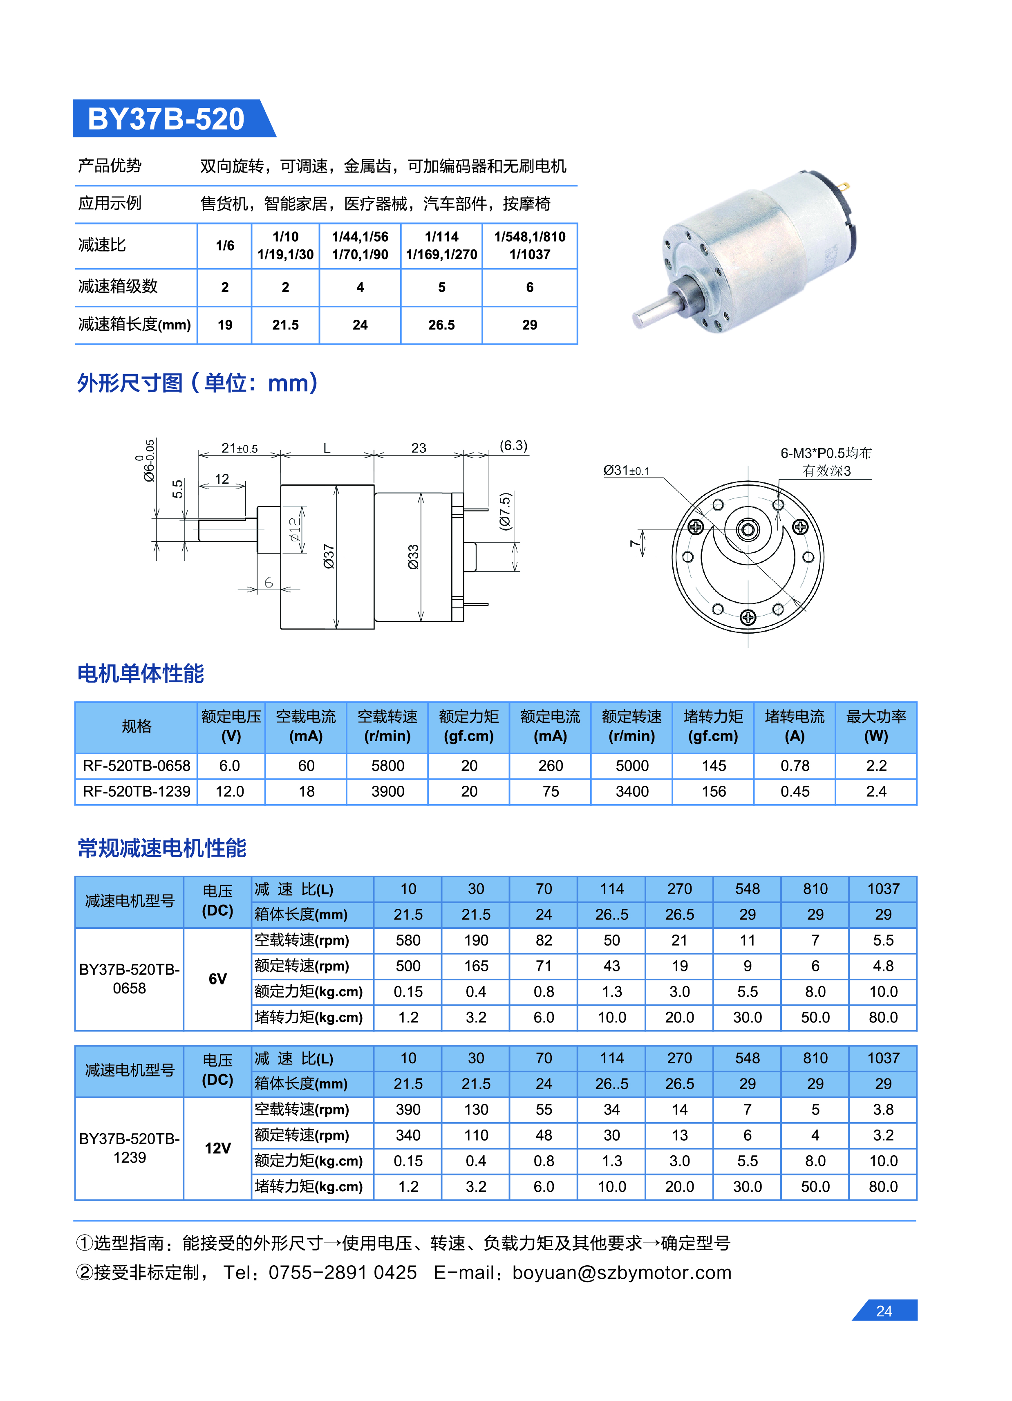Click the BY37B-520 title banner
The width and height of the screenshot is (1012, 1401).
(167, 119)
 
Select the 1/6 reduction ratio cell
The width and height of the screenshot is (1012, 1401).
(225, 246)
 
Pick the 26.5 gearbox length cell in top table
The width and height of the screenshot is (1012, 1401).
(441, 325)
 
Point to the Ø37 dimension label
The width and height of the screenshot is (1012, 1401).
(329, 556)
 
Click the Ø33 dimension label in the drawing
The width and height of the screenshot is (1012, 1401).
(413, 556)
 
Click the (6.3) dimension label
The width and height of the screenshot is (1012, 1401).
(513, 445)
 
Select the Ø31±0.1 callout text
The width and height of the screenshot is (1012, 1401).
(626, 471)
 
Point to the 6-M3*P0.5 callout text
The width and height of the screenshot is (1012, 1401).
(826, 453)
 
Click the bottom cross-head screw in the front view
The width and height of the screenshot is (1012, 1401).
(748, 617)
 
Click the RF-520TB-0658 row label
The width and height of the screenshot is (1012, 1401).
(137, 766)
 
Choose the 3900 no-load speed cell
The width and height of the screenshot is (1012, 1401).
(388, 792)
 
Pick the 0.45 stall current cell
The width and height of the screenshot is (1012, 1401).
(795, 792)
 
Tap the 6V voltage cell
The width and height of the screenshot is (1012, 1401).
(217, 979)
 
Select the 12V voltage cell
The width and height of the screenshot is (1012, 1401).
(217, 1148)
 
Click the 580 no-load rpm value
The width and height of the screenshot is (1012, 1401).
(408, 941)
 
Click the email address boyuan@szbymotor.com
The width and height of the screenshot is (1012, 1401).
(622, 1273)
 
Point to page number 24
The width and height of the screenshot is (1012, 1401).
(884, 1311)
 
